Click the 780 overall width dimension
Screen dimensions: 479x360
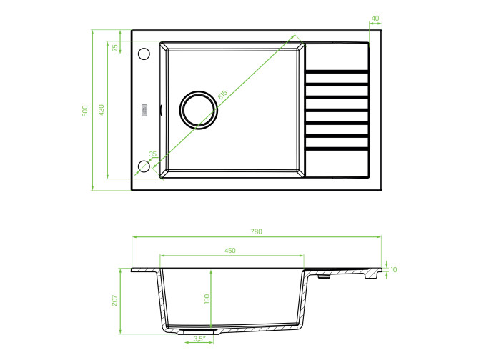tap(257, 231)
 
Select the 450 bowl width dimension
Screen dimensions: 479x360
tap(230, 251)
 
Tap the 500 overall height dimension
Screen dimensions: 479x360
tap(85, 111)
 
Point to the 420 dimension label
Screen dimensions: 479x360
tap(102, 110)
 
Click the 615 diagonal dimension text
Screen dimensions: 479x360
tap(222, 94)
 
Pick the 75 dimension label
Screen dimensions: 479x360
tap(115, 48)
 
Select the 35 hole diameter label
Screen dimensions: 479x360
tap(153, 154)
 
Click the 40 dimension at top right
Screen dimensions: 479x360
tap(375, 19)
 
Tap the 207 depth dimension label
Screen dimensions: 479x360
tap(114, 300)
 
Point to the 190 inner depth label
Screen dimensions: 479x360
tap(207, 299)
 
